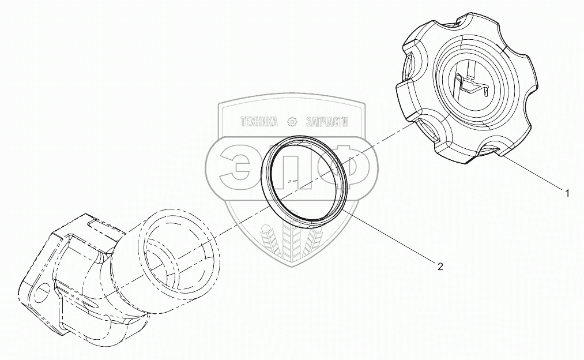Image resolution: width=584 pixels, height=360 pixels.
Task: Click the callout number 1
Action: coord(567,194)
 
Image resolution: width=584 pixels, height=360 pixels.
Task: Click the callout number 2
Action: coord(440,267)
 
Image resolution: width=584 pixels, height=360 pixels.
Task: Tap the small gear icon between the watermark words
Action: coord(292,122)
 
